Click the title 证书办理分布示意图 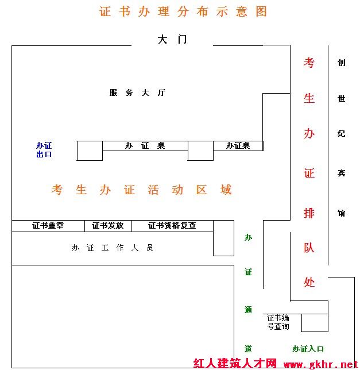183,11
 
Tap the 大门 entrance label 172,39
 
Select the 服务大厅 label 137,92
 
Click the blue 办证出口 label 44,150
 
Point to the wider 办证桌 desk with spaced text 145,146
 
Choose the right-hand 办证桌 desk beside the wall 238,146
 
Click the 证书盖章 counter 48,226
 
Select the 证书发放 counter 108,226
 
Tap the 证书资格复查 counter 172,226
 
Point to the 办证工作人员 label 112,248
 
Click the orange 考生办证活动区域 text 141,190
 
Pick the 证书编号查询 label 278,322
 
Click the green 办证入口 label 308,349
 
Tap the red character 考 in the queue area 309,63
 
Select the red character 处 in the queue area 309,282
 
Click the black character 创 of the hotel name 342,63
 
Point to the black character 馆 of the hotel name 342,213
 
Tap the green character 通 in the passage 248,310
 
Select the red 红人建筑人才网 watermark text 235,364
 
